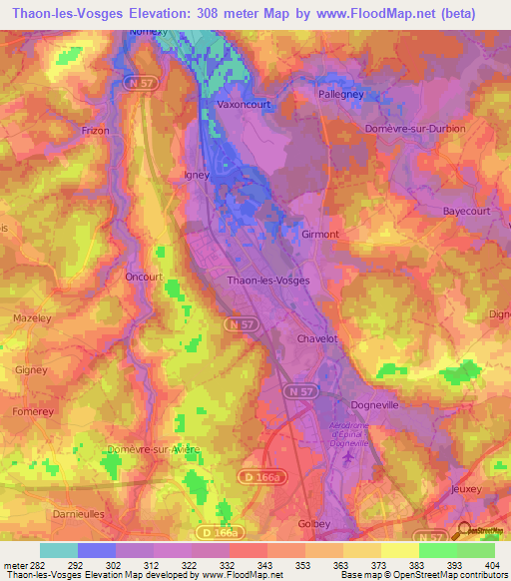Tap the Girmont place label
point(320,235)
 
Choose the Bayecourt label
point(469,212)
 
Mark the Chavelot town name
point(319,339)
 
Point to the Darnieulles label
point(78,514)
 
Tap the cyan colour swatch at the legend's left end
point(58,550)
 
